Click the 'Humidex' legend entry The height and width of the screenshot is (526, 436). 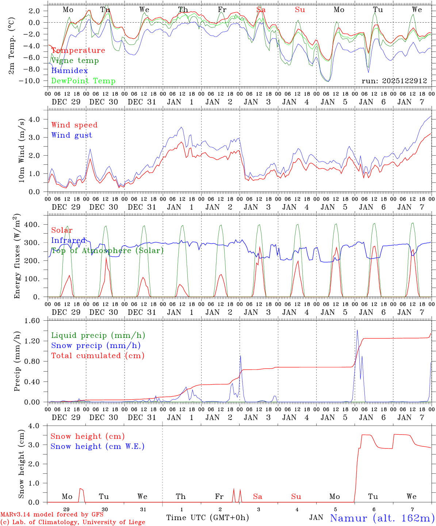[x=69, y=71]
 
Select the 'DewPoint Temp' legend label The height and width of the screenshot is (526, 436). [x=83, y=81]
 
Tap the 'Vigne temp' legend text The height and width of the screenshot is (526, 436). [x=75, y=61]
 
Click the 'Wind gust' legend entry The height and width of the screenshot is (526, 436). [x=72, y=135]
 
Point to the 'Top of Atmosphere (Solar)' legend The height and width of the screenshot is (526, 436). [x=107, y=251]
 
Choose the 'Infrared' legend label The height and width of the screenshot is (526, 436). [x=68, y=240]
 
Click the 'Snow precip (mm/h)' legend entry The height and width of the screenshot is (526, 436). [x=96, y=346]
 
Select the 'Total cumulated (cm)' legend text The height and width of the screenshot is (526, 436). [x=97, y=356]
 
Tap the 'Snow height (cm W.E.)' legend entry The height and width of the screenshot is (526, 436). [x=97, y=446]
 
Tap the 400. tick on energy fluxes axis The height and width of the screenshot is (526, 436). [x=32, y=225]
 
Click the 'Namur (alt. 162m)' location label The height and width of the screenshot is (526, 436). [x=382, y=518]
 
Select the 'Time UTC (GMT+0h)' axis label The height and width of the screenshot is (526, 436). [x=207, y=518]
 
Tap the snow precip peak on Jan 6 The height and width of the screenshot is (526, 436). [x=357, y=330]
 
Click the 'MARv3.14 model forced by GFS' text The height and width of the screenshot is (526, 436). [x=52, y=515]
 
